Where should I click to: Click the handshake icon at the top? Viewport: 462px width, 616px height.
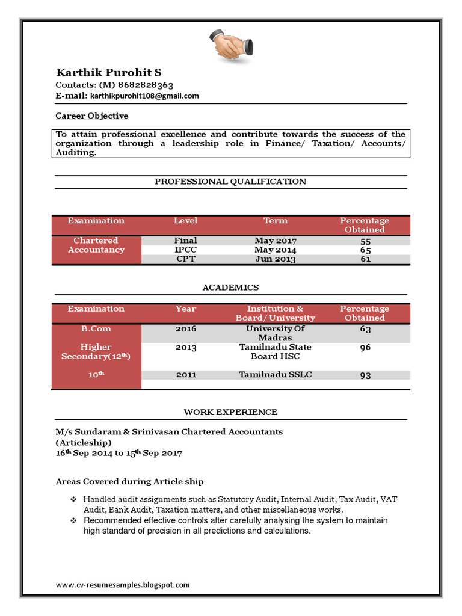point(231,45)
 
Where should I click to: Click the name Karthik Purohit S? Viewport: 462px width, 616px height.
point(108,73)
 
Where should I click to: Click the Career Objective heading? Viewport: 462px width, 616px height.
point(92,115)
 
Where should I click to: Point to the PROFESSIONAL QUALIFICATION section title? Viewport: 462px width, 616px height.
point(230,181)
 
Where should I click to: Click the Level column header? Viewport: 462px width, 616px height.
point(185,221)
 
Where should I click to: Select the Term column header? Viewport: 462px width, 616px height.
point(275,221)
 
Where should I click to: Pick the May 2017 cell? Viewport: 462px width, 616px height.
point(275,241)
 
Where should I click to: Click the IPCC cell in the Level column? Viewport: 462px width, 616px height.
point(185,250)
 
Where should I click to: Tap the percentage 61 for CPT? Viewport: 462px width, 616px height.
point(365,259)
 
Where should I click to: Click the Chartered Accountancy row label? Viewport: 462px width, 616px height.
point(96,245)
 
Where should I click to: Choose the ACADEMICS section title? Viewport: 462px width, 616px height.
point(230,288)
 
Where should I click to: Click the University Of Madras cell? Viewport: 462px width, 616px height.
point(275,333)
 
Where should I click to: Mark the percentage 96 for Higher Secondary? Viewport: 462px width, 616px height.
point(365,348)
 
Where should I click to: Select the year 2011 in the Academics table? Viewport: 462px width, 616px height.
point(185,375)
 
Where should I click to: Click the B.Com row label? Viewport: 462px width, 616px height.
point(96,329)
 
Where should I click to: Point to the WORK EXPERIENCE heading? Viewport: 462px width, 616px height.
point(230,412)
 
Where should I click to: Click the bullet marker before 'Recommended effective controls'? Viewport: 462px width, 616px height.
point(73,520)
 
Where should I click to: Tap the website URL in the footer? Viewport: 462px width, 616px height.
point(123,584)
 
